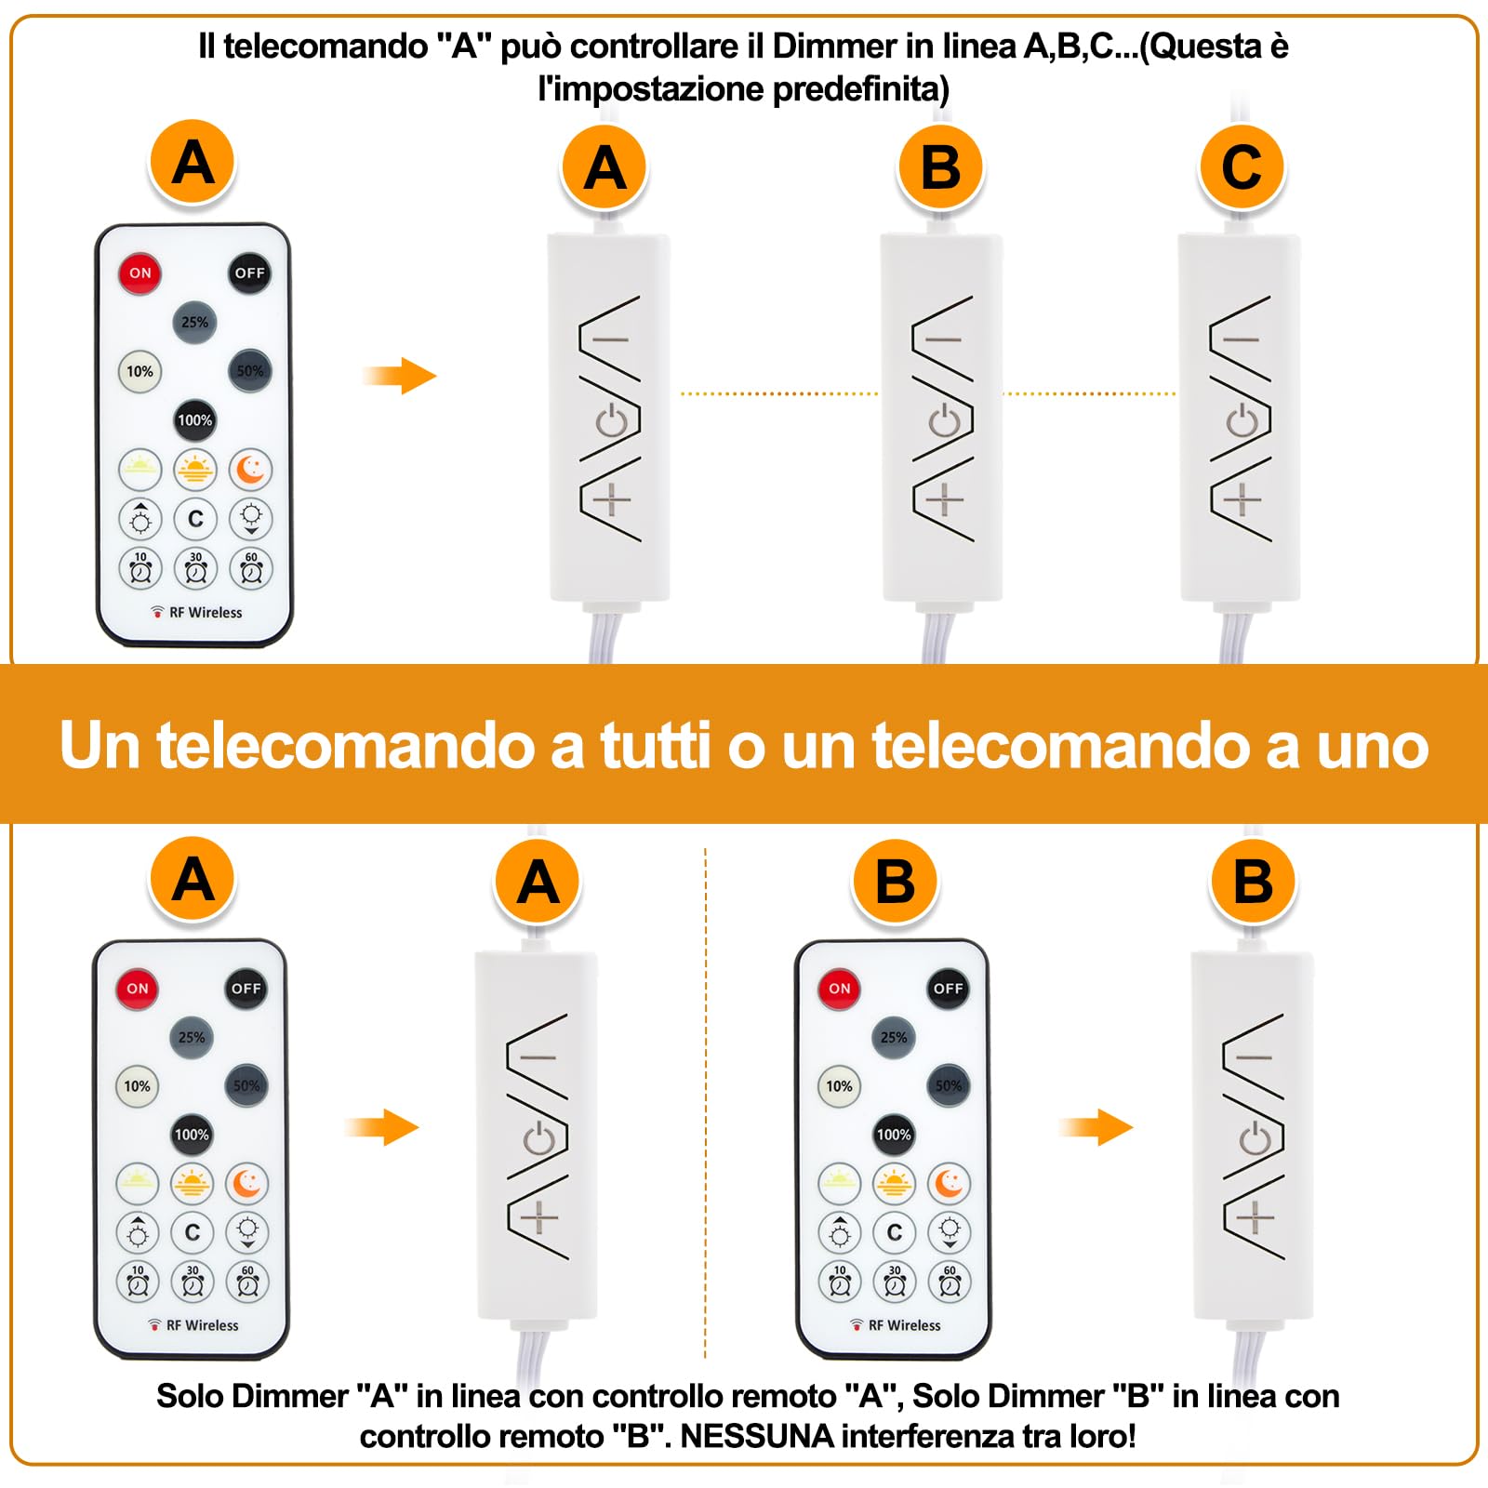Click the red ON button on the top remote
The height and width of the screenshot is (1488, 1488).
click(x=139, y=272)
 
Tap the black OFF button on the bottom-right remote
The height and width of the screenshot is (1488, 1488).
click(x=948, y=989)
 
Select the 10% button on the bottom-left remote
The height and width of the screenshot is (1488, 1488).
click(x=137, y=1086)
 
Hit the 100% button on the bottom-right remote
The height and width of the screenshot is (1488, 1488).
click(x=894, y=1135)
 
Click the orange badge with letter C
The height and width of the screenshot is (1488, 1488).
click(x=1242, y=168)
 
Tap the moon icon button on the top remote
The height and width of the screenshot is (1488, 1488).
click(x=250, y=471)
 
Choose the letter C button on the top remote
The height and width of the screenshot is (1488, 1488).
click(x=195, y=519)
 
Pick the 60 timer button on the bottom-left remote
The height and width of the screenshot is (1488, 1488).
click(x=247, y=1282)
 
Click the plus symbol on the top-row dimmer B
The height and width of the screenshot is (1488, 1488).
click(x=944, y=500)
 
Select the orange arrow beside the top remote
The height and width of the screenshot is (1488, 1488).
click(x=401, y=376)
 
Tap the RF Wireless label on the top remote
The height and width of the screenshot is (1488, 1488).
click(x=205, y=613)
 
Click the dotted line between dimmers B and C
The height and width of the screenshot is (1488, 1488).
click(x=1090, y=393)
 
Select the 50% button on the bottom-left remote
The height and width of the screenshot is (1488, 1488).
click(x=246, y=1086)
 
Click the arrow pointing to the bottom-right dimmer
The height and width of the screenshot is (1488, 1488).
click(x=1096, y=1128)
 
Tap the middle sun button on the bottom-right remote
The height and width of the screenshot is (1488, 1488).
click(x=894, y=1184)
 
